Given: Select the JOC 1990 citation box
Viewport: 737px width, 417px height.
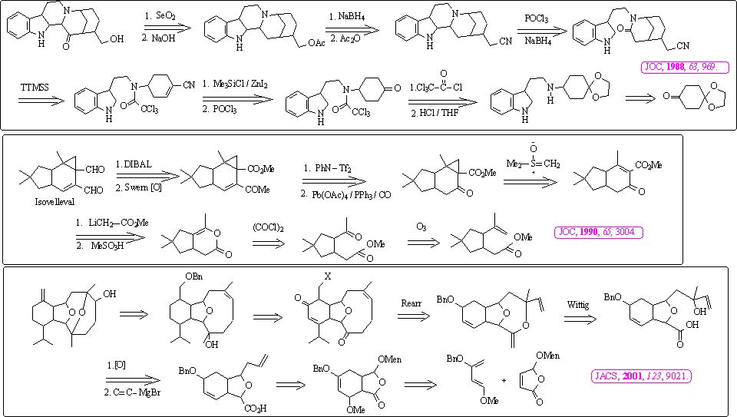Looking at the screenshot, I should tap(599, 231).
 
